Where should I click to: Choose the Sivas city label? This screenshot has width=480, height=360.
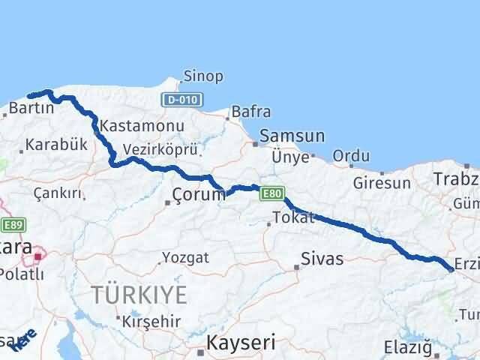point(322,259)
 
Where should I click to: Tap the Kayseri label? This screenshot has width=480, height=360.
point(241,343)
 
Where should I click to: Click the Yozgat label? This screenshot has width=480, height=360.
point(184,257)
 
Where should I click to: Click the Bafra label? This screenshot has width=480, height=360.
point(251,112)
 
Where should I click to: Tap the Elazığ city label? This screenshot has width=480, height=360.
point(409,347)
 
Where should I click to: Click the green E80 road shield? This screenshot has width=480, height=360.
point(272,194)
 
